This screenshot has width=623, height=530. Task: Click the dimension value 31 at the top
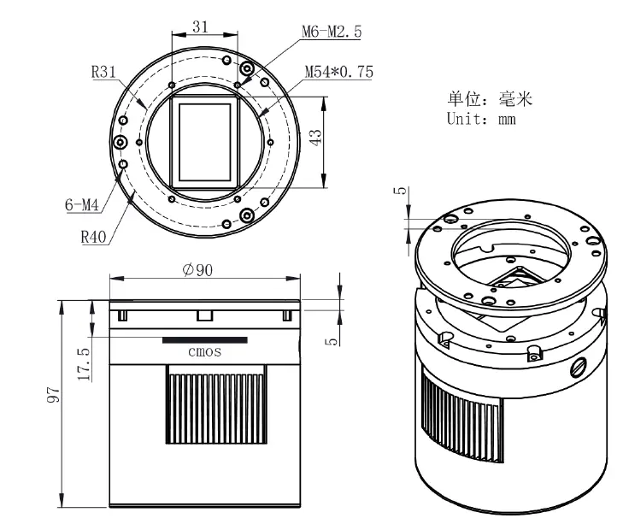(201, 26)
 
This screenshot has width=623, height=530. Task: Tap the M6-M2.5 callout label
(332, 32)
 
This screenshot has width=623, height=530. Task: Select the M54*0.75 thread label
(339, 73)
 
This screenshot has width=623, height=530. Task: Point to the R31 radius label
(104, 73)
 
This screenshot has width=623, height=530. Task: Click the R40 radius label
(93, 237)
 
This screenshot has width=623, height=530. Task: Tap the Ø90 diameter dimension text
(197, 270)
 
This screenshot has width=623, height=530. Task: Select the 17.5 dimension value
(83, 362)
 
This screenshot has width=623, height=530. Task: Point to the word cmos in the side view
(204, 351)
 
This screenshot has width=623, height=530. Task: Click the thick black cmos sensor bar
(205, 339)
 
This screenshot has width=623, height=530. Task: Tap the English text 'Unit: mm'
(481, 119)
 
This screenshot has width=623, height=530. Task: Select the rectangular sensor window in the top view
(204, 142)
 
